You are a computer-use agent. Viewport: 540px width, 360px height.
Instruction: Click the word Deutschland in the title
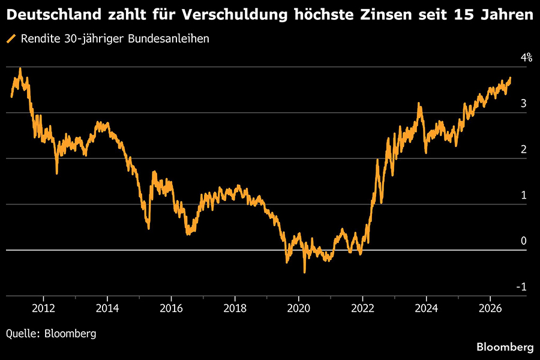click(54, 14)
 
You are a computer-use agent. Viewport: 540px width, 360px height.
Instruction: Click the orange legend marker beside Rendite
click(11, 38)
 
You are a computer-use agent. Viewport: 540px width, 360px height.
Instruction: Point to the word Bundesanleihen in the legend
click(169, 38)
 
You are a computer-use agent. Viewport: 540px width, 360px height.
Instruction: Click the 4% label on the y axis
click(526, 57)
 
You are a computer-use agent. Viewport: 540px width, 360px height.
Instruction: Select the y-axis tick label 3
click(523, 103)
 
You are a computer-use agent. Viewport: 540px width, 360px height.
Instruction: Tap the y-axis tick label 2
click(523, 149)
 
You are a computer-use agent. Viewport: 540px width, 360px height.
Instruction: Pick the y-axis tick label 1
click(523, 195)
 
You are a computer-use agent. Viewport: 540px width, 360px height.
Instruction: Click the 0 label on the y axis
click(523, 241)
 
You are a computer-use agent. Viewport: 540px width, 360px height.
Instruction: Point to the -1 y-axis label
click(521, 287)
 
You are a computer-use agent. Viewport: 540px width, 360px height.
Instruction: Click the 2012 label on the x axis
click(43, 308)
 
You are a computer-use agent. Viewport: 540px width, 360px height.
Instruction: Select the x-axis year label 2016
click(171, 308)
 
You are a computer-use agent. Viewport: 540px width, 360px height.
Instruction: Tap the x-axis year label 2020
click(299, 308)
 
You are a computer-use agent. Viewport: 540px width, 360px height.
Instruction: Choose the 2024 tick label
click(427, 308)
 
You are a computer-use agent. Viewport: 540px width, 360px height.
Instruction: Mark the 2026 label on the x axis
click(490, 308)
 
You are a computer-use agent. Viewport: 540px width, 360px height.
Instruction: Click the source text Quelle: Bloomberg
click(51, 334)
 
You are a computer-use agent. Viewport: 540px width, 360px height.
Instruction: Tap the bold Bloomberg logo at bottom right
click(505, 347)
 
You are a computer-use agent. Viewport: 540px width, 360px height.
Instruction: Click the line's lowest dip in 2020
click(304, 272)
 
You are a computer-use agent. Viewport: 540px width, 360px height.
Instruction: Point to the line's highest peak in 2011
click(20, 68)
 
